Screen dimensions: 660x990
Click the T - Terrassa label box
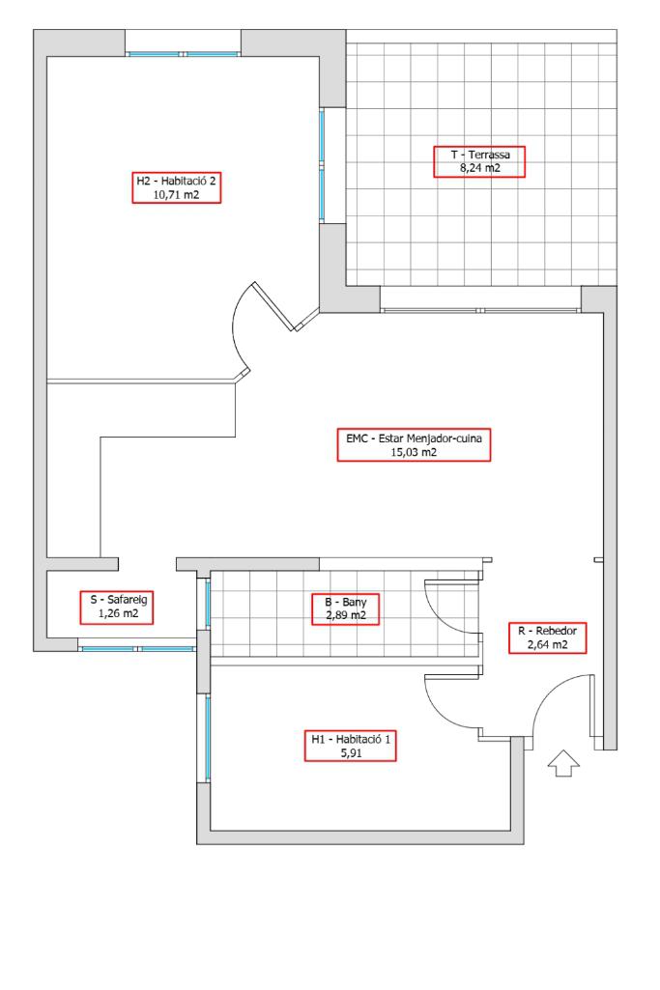pyautogui.click(x=478, y=161)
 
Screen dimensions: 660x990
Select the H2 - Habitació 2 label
pyautogui.click(x=176, y=187)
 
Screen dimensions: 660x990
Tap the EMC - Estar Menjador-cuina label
pyautogui.click(x=414, y=445)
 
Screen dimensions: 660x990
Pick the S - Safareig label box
pyautogui.click(x=117, y=608)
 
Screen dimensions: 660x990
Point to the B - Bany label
pyautogui.click(x=346, y=609)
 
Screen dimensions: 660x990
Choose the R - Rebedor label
pyautogui.click(x=548, y=637)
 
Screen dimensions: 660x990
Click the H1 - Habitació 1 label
pyautogui.click(x=351, y=746)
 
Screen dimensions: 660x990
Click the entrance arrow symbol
pyautogui.click(x=563, y=763)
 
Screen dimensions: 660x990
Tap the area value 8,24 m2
pyautogui.click(x=480, y=169)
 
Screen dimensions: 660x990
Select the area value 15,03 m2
pyautogui.click(x=414, y=452)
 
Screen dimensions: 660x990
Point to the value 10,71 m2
pyautogui.click(x=176, y=194)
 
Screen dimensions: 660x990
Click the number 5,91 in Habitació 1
pyautogui.click(x=351, y=752)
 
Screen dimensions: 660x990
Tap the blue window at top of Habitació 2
pyautogui.click(x=184, y=54)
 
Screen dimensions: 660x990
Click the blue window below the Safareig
pyautogui.click(x=138, y=648)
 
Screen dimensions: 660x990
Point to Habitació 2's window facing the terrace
pyautogui.click(x=322, y=164)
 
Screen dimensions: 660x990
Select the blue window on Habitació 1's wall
pyautogui.click(x=207, y=738)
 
